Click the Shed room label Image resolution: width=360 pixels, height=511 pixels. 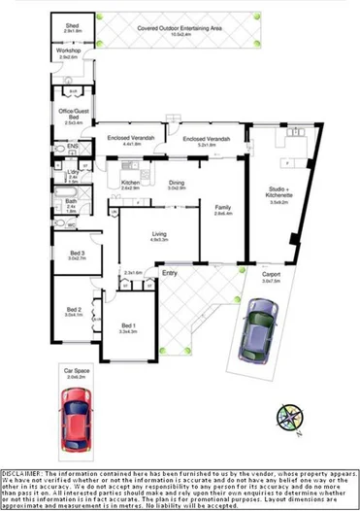coord(71,25)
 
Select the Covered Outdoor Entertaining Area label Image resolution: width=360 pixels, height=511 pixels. coord(180,29)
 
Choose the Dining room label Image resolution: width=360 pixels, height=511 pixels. coord(176,182)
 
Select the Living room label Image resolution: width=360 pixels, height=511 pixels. coord(159,232)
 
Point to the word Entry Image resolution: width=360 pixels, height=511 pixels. coord(170,274)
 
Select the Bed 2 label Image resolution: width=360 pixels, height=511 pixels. coord(74,311)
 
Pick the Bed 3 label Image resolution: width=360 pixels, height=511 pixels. coord(77,255)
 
